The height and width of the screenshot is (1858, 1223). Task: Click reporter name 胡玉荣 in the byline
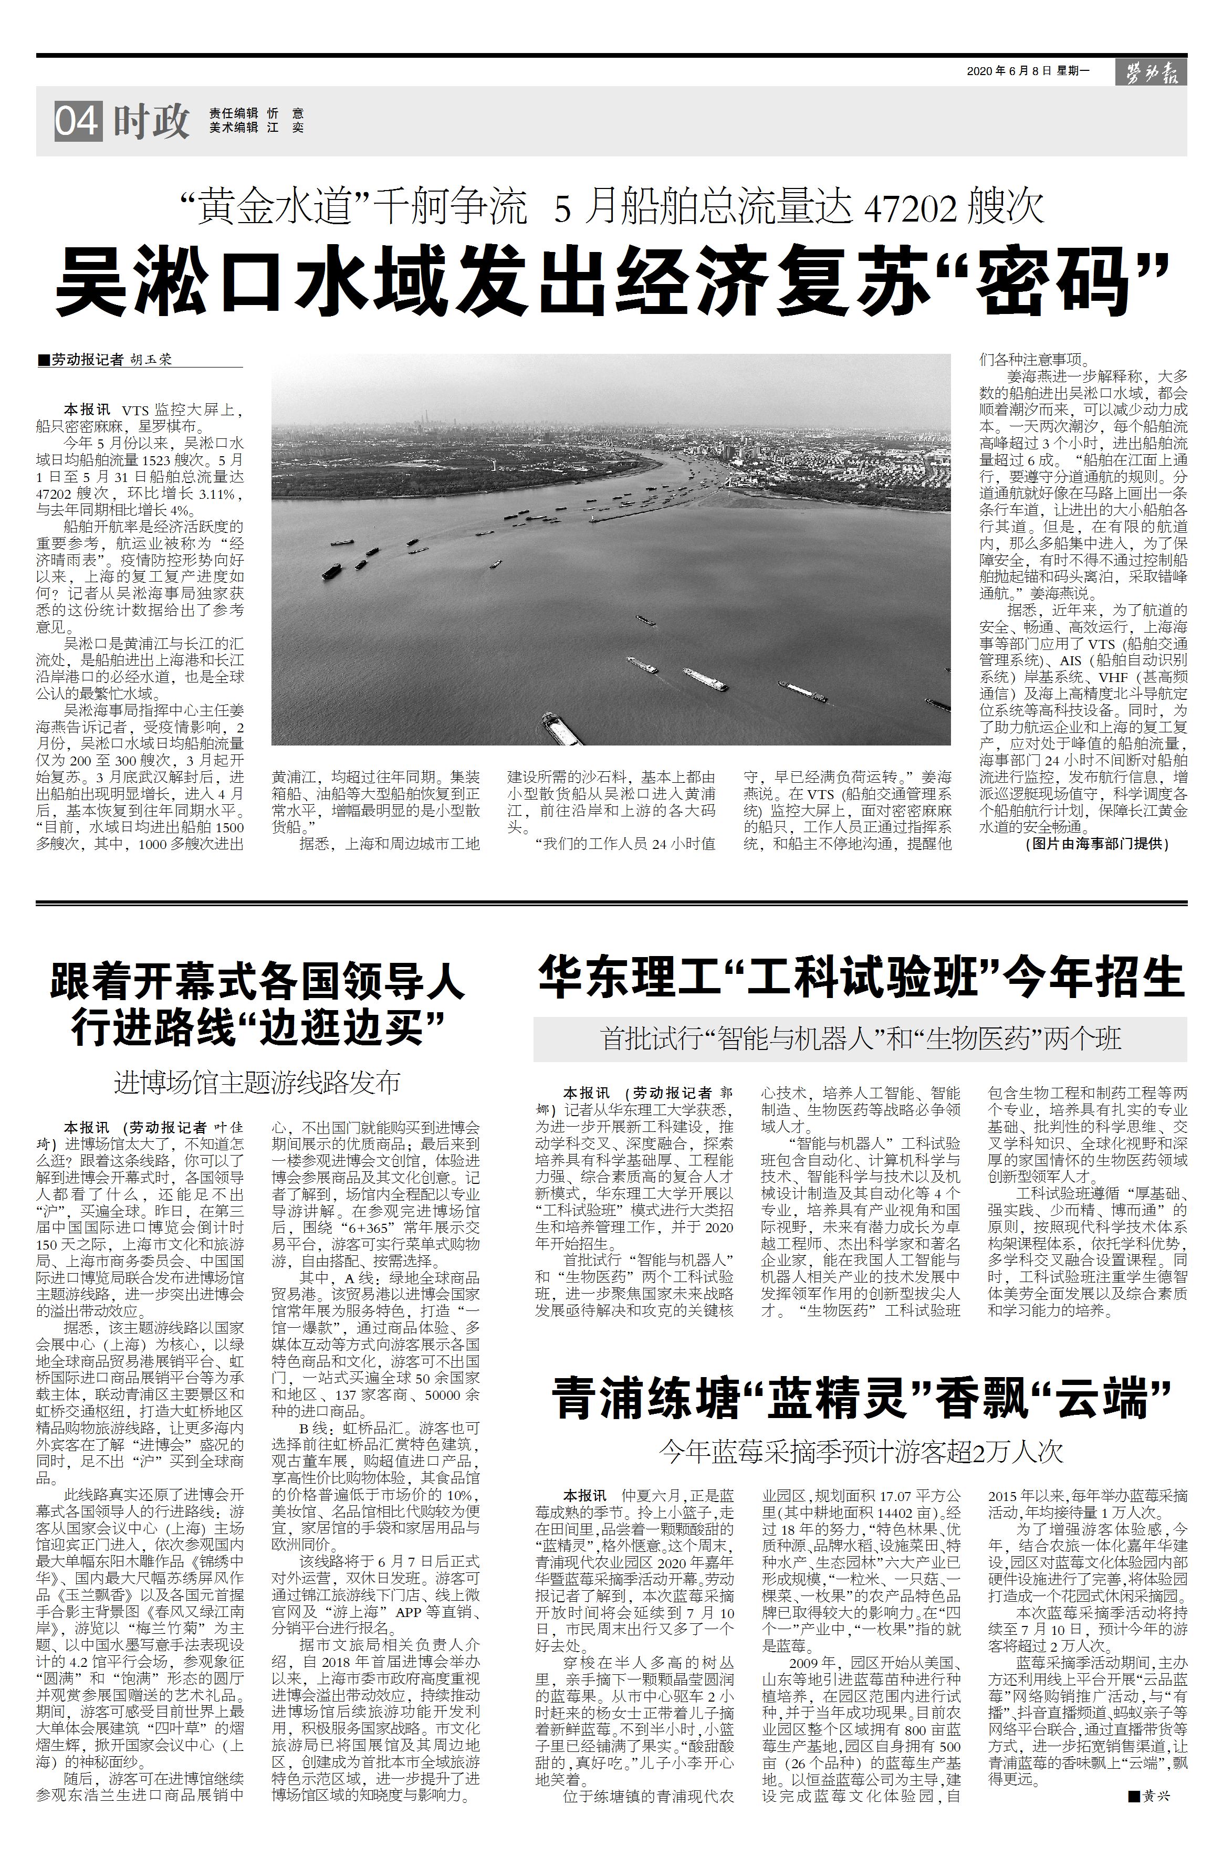coord(150,361)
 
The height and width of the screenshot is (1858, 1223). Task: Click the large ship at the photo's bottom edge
coord(563,728)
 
